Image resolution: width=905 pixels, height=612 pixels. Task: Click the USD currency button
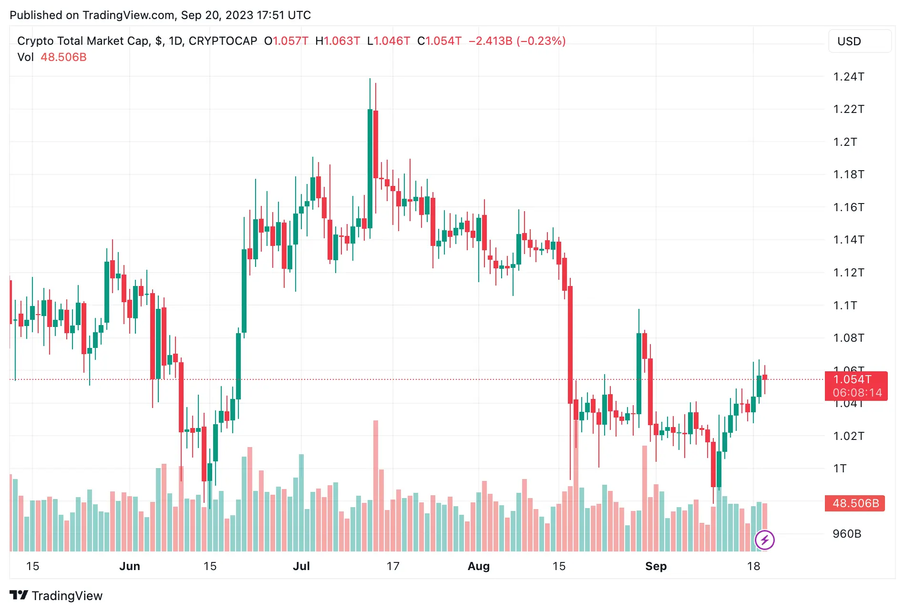click(x=859, y=41)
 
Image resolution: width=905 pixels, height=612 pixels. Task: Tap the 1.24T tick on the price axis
click(x=848, y=77)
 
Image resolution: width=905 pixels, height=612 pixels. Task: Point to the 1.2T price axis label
click(x=845, y=142)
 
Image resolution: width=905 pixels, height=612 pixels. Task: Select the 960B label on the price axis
click(x=847, y=534)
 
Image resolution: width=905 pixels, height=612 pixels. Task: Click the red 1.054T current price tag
click(x=856, y=386)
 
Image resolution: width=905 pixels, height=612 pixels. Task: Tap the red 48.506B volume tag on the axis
click(x=855, y=503)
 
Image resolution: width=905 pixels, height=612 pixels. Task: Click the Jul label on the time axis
click(x=301, y=566)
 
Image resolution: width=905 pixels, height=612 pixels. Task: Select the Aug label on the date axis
click(x=478, y=566)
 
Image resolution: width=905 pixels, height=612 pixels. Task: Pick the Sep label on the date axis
click(x=656, y=566)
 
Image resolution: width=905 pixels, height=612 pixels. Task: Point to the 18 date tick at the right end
click(x=753, y=566)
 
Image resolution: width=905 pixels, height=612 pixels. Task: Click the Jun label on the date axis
click(x=130, y=566)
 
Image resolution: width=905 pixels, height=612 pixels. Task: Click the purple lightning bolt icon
click(x=764, y=540)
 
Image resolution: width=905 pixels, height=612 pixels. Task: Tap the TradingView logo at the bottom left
click(x=56, y=596)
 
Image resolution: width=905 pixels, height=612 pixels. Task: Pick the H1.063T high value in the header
click(x=338, y=41)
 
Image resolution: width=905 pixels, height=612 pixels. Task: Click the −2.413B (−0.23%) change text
click(x=517, y=41)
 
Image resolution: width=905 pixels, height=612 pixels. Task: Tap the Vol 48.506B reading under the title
click(x=52, y=57)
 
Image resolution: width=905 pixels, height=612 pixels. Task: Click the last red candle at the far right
click(x=765, y=377)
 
